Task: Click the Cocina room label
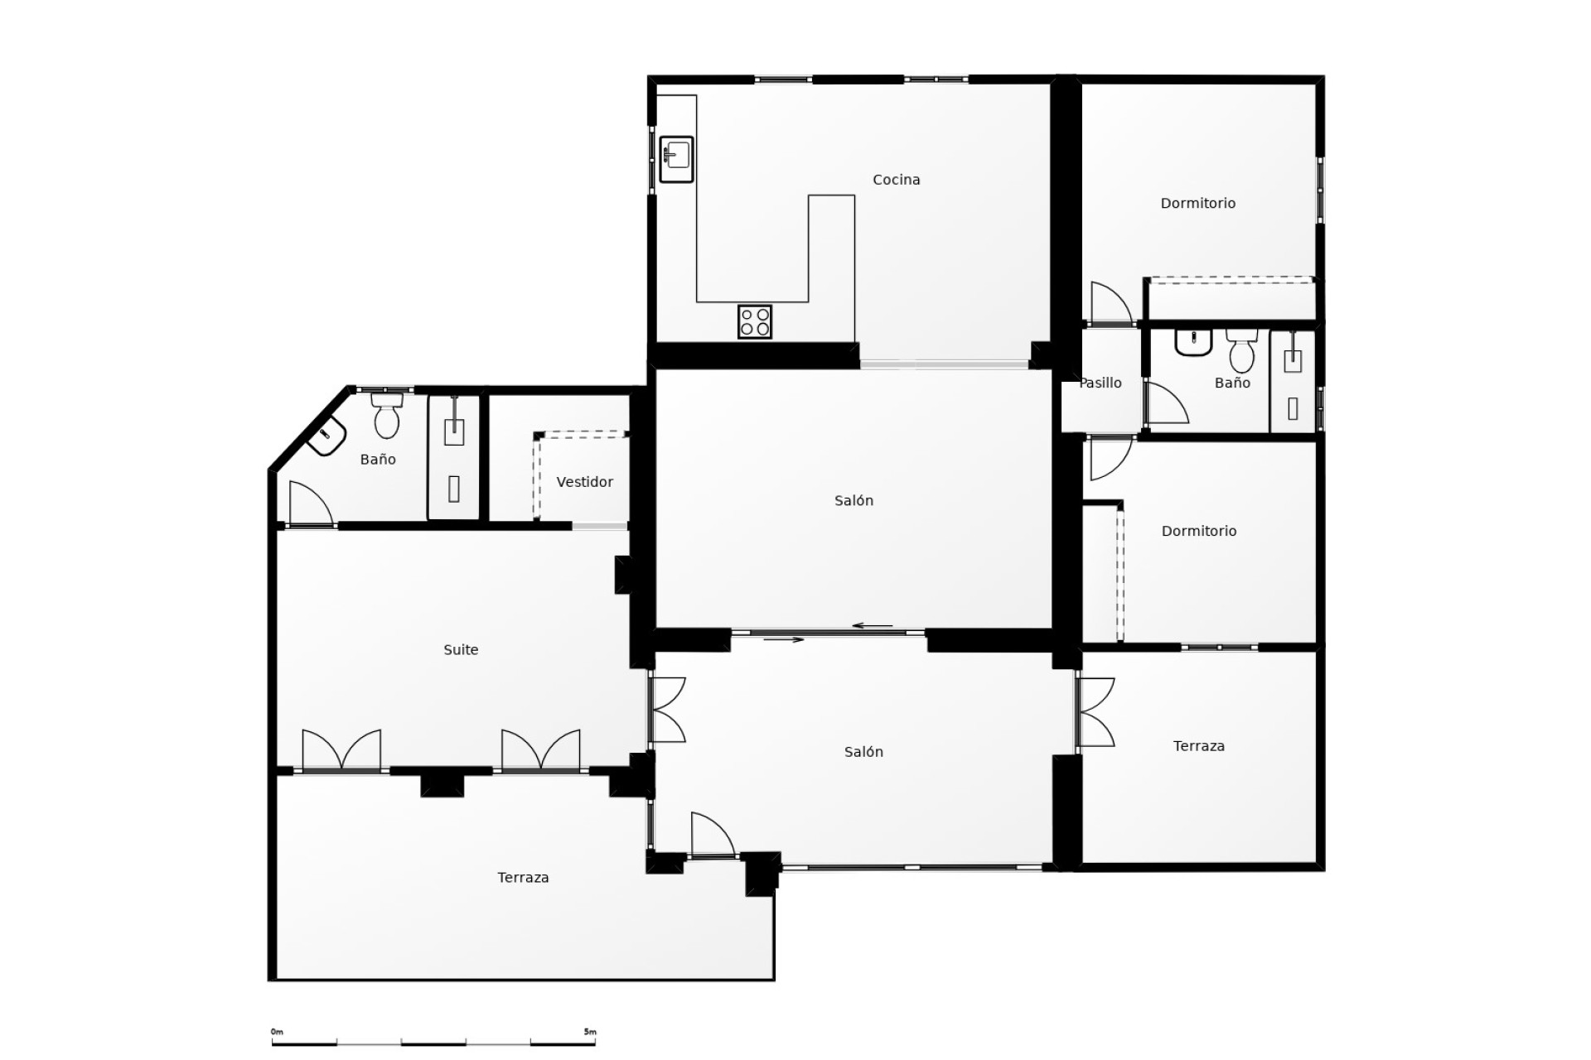pos(897,180)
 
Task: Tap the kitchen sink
pos(676,159)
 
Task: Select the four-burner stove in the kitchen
pos(755,321)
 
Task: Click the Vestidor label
pos(584,482)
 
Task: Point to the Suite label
pos(461,650)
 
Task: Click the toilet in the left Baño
pos(387,417)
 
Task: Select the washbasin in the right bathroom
pos(1193,341)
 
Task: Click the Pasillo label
pos(1100,383)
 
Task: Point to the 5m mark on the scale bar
pos(590,1032)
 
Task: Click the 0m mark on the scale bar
pos(277,1032)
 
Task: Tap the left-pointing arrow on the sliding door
pos(873,626)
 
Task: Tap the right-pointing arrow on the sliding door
pos(784,639)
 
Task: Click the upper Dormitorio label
pos(1197,203)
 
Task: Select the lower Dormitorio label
pos(1198,531)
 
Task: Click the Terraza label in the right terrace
pos(1198,746)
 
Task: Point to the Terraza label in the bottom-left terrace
pos(523,878)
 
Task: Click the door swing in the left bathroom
pos(310,504)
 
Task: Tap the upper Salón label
pos(854,500)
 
